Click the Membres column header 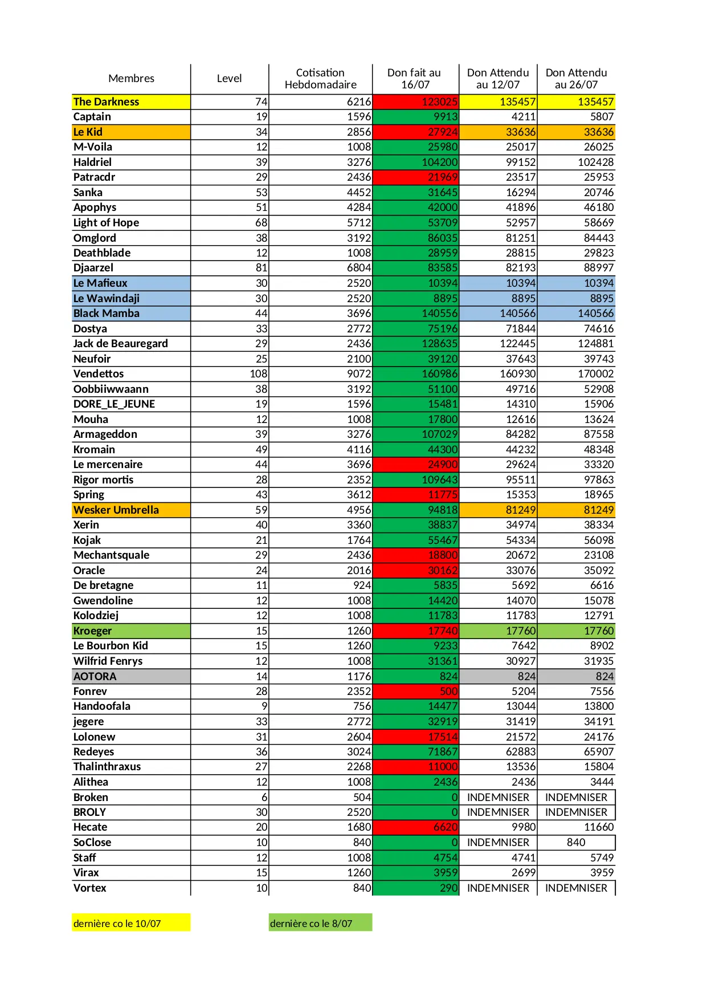tap(131, 79)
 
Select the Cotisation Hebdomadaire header tap(320, 79)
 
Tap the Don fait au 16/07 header tap(415, 79)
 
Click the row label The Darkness tap(107, 102)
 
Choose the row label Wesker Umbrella tap(116, 510)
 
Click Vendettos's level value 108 tap(258, 374)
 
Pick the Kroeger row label tap(93, 631)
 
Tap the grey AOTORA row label tap(95, 677)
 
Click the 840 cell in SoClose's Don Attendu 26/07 tap(576, 843)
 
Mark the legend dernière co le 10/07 tap(117, 924)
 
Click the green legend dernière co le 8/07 tap(312, 924)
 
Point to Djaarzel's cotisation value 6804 tap(359, 268)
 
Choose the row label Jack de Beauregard tap(121, 344)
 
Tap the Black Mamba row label tap(107, 314)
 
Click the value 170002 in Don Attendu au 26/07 tap(595, 374)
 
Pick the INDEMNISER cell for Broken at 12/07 tap(498, 798)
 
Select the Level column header tap(229, 79)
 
